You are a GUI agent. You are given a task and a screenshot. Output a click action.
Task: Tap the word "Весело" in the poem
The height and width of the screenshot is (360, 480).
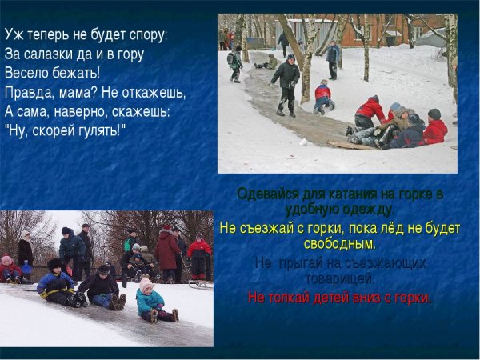(26, 73)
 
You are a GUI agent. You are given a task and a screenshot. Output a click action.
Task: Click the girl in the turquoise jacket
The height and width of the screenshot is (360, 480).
(150, 302)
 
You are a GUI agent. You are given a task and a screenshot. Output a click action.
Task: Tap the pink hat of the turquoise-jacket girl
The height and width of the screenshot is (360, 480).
(146, 284)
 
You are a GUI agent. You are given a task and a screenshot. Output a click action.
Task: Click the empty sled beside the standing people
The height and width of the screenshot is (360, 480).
(199, 283)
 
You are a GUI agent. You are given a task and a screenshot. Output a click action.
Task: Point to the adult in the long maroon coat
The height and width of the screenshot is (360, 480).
(167, 250)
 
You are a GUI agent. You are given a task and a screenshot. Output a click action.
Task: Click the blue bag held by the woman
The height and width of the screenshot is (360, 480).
(27, 268)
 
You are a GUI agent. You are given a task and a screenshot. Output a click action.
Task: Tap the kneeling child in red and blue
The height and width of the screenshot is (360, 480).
(323, 95)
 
